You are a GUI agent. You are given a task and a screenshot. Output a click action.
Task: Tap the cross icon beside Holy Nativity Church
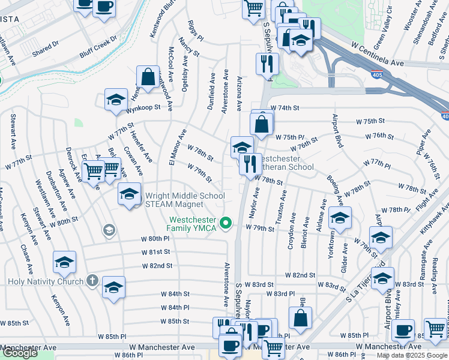pyautogui.click(x=92, y=280)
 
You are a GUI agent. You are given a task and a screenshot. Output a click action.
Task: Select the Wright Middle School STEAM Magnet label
pyautogui.click(x=184, y=200)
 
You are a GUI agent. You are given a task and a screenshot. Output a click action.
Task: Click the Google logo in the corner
pyautogui.click(x=20, y=353)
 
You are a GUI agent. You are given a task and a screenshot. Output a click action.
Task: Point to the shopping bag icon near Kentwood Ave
pyautogui.click(x=148, y=77)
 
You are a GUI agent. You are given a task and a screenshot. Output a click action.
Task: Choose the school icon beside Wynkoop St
pyautogui.click(x=116, y=100)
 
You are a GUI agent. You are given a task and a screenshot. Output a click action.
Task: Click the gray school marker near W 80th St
pyautogui.click(x=109, y=229)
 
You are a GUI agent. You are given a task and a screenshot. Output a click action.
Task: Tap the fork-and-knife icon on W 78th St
pyautogui.click(x=250, y=163)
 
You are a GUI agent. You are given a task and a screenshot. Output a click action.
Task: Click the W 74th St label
pyautogui.click(x=285, y=108)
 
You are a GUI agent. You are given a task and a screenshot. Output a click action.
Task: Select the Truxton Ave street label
pyautogui.click(x=280, y=211)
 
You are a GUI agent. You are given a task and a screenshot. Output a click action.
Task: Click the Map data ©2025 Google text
pyautogui.click(x=412, y=355)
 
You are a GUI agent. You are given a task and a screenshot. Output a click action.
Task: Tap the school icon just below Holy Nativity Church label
pyautogui.click(x=113, y=287)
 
